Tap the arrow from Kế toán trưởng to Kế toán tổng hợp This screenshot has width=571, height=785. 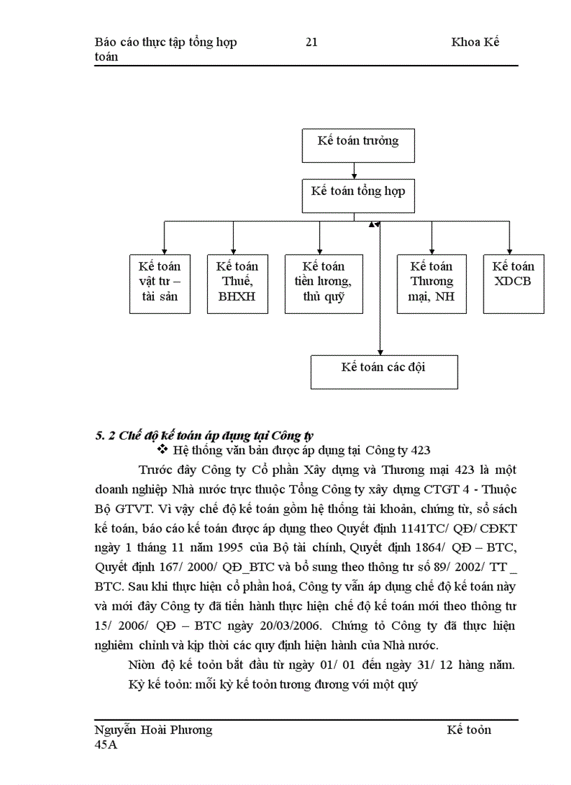355,170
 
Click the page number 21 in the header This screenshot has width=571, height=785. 311,42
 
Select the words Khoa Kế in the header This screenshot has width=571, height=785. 475,42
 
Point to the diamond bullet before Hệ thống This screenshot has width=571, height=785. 164,449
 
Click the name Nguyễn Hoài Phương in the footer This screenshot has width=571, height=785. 153,730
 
